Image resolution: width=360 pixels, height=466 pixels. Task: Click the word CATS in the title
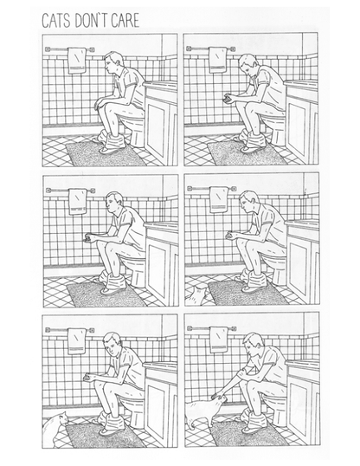coord(57,20)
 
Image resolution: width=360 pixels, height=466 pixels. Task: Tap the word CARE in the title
coord(125,20)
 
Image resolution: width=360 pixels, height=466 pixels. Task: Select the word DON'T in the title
coord(91,20)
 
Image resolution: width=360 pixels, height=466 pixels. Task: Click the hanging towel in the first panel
coord(77,61)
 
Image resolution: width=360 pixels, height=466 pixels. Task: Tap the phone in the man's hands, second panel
coord(228,99)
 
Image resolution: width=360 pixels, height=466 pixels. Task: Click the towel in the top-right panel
coord(218,60)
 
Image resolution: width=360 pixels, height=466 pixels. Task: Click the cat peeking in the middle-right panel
coord(197,295)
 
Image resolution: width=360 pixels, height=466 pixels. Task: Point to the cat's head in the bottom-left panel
coord(63,418)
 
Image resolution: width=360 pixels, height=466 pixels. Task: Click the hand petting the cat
coord(218,397)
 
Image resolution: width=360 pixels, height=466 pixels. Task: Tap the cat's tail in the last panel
coord(190,422)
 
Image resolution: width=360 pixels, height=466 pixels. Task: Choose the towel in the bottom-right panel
coord(219,340)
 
